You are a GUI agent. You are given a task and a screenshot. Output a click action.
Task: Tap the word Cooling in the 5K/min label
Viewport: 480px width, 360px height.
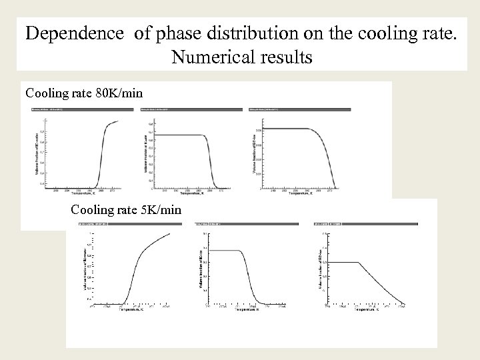point(93,209)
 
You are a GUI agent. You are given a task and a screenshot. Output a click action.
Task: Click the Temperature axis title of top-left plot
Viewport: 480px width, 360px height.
point(75,193)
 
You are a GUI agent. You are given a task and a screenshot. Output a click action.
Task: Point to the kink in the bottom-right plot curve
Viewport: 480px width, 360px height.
point(361,263)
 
